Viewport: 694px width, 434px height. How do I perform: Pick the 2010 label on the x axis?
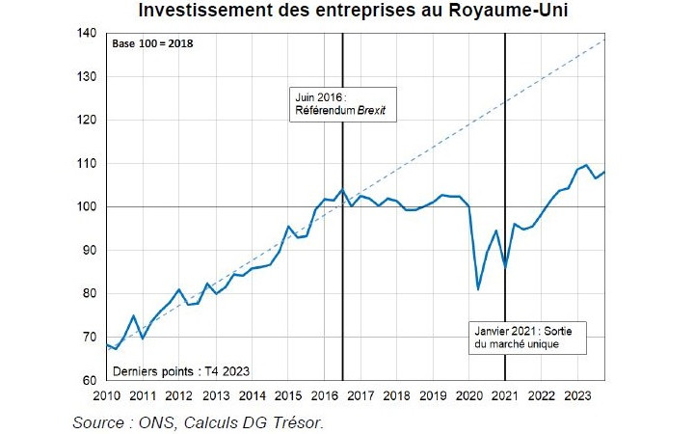click(x=106, y=395)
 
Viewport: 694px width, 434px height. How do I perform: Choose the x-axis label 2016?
click(x=325, y=395)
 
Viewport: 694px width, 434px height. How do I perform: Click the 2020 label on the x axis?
click(x=469, y=395)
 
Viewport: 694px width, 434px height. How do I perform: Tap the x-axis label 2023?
click(x=578, y=395)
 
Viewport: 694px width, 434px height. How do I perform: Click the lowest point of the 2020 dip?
click(x=478, y=288)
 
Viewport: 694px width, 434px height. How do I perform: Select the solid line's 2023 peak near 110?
click(x=586, y=165)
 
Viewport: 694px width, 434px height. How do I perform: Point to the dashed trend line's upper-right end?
click(x=604, y=40)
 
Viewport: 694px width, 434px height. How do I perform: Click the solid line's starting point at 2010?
click(x=107, y=344)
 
